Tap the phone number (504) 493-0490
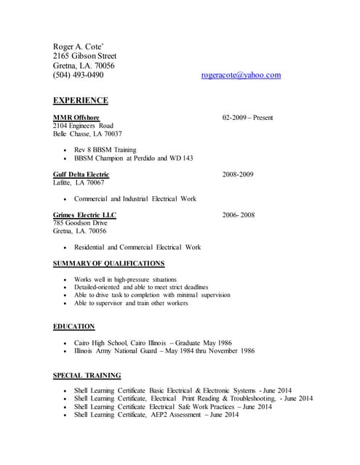point(78,75)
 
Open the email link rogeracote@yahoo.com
point(241,75)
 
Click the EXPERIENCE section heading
point(81,100)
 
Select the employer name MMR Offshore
point(76,117)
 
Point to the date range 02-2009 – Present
point(247,117)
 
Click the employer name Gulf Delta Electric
point(81,174)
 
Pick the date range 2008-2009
point(238,174)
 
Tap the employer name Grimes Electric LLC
point(84,215)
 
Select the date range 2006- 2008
point(239,215)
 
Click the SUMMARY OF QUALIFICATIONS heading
point(109,263)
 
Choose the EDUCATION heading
point(73,327)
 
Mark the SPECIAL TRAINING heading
point(87,376)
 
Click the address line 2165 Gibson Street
point(84,55)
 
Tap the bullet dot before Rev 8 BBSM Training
point(65,150)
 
